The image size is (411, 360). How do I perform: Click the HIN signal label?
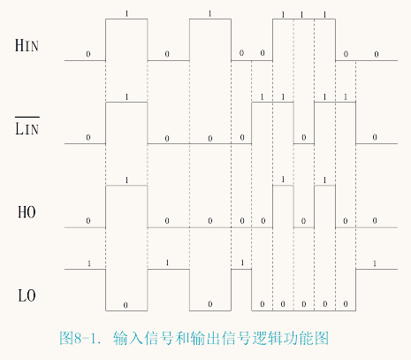tap(27, 46)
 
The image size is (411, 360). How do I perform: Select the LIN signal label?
tap(27, 129)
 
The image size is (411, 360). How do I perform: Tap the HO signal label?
tap(27, 212)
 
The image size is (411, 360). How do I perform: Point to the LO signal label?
tap(27, 295)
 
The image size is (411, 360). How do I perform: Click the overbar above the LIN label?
tap(27, 118)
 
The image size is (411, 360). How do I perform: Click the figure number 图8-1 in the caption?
tap(79, 338)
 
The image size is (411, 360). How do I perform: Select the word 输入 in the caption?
tap(128, 338)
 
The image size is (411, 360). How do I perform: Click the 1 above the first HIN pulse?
tap(126, 13)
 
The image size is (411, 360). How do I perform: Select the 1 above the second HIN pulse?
tap(209, 13)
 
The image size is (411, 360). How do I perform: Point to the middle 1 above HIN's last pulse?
tap(302, 14)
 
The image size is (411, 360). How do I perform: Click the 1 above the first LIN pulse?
tap(126, 96)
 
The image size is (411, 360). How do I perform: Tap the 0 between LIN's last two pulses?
tap(304, 137)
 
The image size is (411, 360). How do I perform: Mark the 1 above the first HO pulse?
tap(126, 180)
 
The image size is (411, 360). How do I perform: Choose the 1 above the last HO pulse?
tap(324, 180)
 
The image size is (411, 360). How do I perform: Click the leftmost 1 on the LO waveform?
tap(89, 264)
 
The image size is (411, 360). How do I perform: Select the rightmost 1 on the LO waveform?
tap(375, 264)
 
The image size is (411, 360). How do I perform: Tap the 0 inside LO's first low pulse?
tap(126, 305)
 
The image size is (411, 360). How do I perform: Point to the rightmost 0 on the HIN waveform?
tap(377, 54)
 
